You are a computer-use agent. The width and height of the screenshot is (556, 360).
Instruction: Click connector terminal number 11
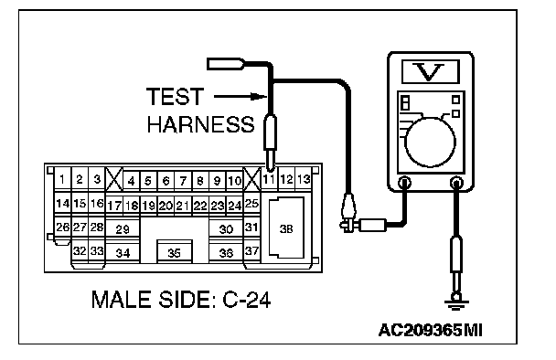coord(269,180)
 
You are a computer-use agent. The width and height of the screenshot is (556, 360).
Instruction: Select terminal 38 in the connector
coord(286,228)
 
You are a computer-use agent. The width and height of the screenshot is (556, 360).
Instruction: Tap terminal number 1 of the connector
coord(62,179)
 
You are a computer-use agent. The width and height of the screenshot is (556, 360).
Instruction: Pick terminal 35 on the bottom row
coord(174,252)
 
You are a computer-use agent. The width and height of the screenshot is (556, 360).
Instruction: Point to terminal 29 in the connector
coord(123,229)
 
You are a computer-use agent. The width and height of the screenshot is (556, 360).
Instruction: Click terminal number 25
coord(251,204)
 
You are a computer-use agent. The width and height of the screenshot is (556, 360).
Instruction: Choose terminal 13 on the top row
coord(304,179)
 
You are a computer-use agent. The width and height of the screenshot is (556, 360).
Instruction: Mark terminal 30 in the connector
coord(226,229)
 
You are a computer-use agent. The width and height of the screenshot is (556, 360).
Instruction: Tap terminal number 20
coord(166,206)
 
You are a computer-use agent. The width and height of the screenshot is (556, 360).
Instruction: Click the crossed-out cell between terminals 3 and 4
coord(114,180)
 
